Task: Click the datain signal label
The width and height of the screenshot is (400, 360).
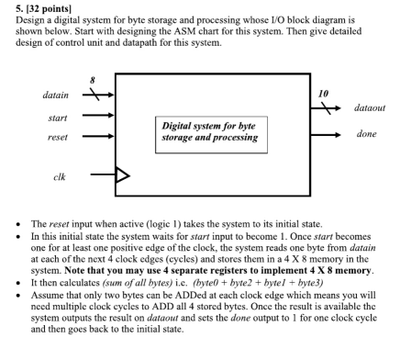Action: click(x=60, y=95)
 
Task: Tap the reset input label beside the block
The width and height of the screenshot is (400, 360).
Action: click(x=61, y=136)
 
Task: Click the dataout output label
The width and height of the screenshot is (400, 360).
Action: click(x=371, y=108)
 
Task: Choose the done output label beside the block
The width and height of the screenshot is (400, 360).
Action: click(x=367, y=134)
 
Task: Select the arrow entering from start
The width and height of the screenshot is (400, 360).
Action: click(x=97, y=117)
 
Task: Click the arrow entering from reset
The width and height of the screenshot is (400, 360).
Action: click(x=97, y=136)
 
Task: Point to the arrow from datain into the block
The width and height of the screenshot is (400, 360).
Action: click(x=97, y=95)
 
